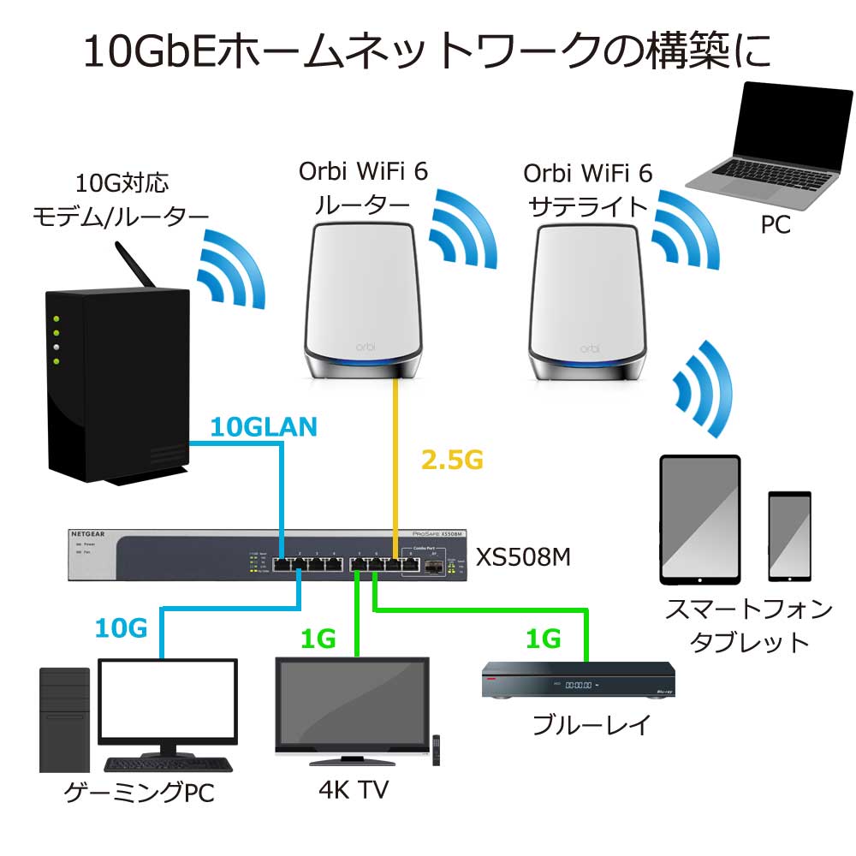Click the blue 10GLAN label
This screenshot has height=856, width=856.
tap(263, 426)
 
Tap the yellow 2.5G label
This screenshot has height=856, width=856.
tap(452, 460)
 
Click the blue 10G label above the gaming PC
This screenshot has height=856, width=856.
tap(121, 629)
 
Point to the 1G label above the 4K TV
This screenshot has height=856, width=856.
tap(318, 638)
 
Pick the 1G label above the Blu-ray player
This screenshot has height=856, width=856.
tap(543, 638)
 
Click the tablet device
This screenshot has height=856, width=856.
tap(699, 518)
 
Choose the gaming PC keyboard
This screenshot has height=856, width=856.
tap(168, 764)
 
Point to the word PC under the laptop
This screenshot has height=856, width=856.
tap(776, 225)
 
